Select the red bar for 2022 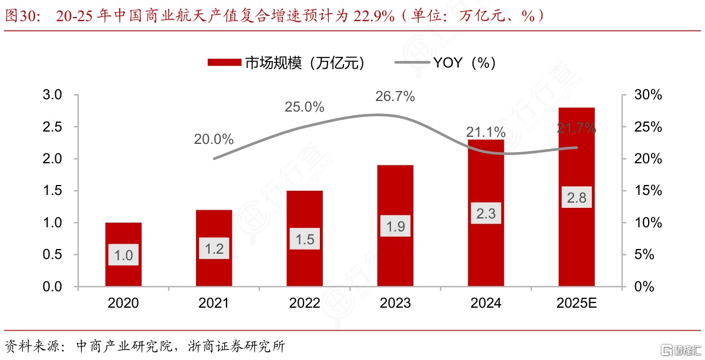(x=305, y=217)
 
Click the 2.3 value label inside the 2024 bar (x=486, y=214)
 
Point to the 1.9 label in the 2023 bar (x=396, y=226)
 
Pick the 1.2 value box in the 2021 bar (x=214, y=249)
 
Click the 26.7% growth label (x=395, y=97)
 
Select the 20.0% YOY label (x=214, y=140)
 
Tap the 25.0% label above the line (x=304, y=107)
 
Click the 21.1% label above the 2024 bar (x=485, y=132)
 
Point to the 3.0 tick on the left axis (x=53, y=95)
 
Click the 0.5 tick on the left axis (x=53, y=255)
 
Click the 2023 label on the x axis (x=395, y=303)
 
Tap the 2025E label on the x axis (x=576, y=303)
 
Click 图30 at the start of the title (x=21, y=16)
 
